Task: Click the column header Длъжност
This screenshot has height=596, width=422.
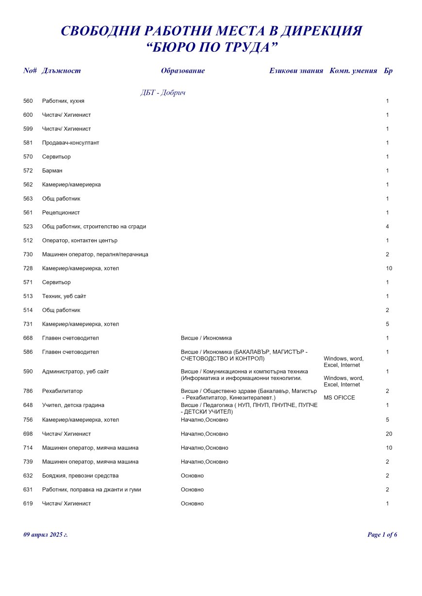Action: (62, 71)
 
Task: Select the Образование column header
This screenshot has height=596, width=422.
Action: (183, 71)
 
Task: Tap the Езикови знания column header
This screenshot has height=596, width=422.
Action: (296, 71)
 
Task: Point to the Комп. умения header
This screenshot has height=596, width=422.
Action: (353, 71)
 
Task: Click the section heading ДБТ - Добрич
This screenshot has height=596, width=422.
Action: (163, 93)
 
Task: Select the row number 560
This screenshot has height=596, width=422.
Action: (28, 101)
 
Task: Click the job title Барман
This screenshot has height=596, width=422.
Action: (52, 171)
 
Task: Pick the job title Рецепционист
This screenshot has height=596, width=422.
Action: (61, 213)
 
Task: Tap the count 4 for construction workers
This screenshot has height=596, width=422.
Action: (388, 227)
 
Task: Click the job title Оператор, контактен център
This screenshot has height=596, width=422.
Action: (80, 241)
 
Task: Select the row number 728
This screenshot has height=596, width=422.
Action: (28, 268)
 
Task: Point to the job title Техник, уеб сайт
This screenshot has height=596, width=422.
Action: (64, 297)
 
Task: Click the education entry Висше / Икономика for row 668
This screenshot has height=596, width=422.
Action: (206, 338)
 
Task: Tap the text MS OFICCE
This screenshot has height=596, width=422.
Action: (339, 398)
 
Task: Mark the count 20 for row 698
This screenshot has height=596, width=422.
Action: (389, 434)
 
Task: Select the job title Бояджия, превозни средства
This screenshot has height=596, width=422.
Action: (81, 476)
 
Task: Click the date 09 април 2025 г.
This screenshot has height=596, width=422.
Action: (46, 535)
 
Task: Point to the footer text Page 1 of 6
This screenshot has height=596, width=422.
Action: (382, 535)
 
